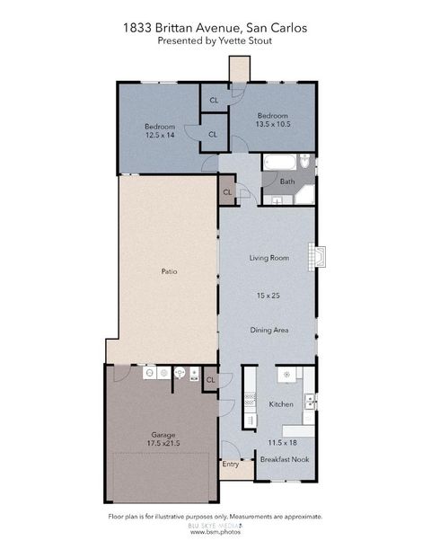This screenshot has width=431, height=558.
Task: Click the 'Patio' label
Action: coord(168,270)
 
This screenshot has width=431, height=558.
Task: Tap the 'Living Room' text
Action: coord(268,259)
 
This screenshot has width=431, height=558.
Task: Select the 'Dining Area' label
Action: coord(268,331)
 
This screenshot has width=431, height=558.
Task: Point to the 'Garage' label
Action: coord(163,435)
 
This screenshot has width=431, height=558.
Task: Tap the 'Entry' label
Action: coord(231,465)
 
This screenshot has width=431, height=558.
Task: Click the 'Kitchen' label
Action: coord(282,404)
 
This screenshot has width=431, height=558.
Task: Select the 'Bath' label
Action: coord(287,182)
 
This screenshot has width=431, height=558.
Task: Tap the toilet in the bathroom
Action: coord(305,162)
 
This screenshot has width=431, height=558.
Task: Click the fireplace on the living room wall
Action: coord(314,256)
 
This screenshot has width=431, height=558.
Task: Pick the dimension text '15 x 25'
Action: coord(268,295)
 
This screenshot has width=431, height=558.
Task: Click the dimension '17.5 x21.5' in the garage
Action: coord(163,444)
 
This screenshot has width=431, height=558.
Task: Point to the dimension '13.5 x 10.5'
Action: coord(272,125)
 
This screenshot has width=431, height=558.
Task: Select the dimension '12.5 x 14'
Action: coord(161,136)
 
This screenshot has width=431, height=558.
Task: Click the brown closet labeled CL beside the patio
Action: coord(227,192)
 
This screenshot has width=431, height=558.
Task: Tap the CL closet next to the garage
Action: coord(210,380)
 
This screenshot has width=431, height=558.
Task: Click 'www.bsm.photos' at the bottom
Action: coord(215,532)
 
